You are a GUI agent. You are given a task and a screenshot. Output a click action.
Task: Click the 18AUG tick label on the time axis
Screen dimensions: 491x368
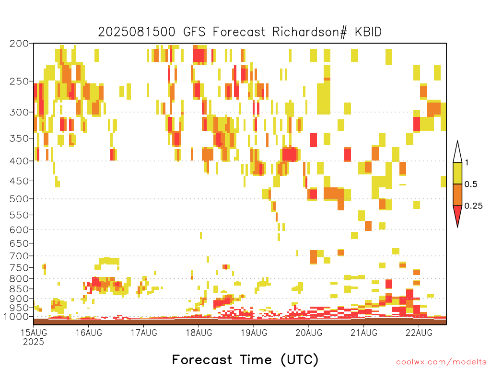pos(199,333)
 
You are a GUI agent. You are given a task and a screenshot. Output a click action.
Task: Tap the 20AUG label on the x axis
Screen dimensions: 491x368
pos(309,333)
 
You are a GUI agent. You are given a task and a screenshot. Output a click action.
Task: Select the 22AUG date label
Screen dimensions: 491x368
pos(419,333)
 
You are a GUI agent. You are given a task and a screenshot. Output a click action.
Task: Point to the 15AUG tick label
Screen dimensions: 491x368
pos(34,333)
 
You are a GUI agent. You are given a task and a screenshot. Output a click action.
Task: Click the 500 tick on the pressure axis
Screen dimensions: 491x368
pos(19,199)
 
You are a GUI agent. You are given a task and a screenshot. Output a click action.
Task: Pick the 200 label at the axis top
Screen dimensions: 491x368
pos(19,44)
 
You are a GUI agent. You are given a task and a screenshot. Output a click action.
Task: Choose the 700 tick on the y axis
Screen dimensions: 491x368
pos(19,256)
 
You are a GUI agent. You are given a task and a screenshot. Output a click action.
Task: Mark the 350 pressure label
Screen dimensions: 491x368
pos(19,138)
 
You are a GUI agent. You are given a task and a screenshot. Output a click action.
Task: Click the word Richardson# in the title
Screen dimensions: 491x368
pos(310,32)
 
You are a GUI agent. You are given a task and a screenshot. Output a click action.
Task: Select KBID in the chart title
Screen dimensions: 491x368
pos(368,32)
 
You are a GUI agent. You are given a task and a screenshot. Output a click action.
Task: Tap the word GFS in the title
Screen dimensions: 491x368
pos(194,32)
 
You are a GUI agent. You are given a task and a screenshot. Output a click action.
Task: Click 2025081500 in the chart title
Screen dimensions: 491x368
pos(137,32)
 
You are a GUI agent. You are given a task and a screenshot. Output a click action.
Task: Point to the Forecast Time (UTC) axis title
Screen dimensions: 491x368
pos(245,360)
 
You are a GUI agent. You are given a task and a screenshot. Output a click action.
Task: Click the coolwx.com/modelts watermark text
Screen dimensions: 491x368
pos(441,362)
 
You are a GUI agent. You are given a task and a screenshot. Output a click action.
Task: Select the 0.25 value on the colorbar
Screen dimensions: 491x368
pos(473,206)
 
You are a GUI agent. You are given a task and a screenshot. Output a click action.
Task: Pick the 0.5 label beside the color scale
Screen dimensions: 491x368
pos(471,184)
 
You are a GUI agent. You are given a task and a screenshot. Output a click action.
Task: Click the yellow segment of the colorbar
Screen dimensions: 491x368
pos(457,173)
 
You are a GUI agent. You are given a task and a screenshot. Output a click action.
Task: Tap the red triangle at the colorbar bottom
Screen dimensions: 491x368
pos(457,214)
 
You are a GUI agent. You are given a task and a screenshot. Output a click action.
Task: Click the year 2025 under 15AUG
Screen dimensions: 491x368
pos(34,342)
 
